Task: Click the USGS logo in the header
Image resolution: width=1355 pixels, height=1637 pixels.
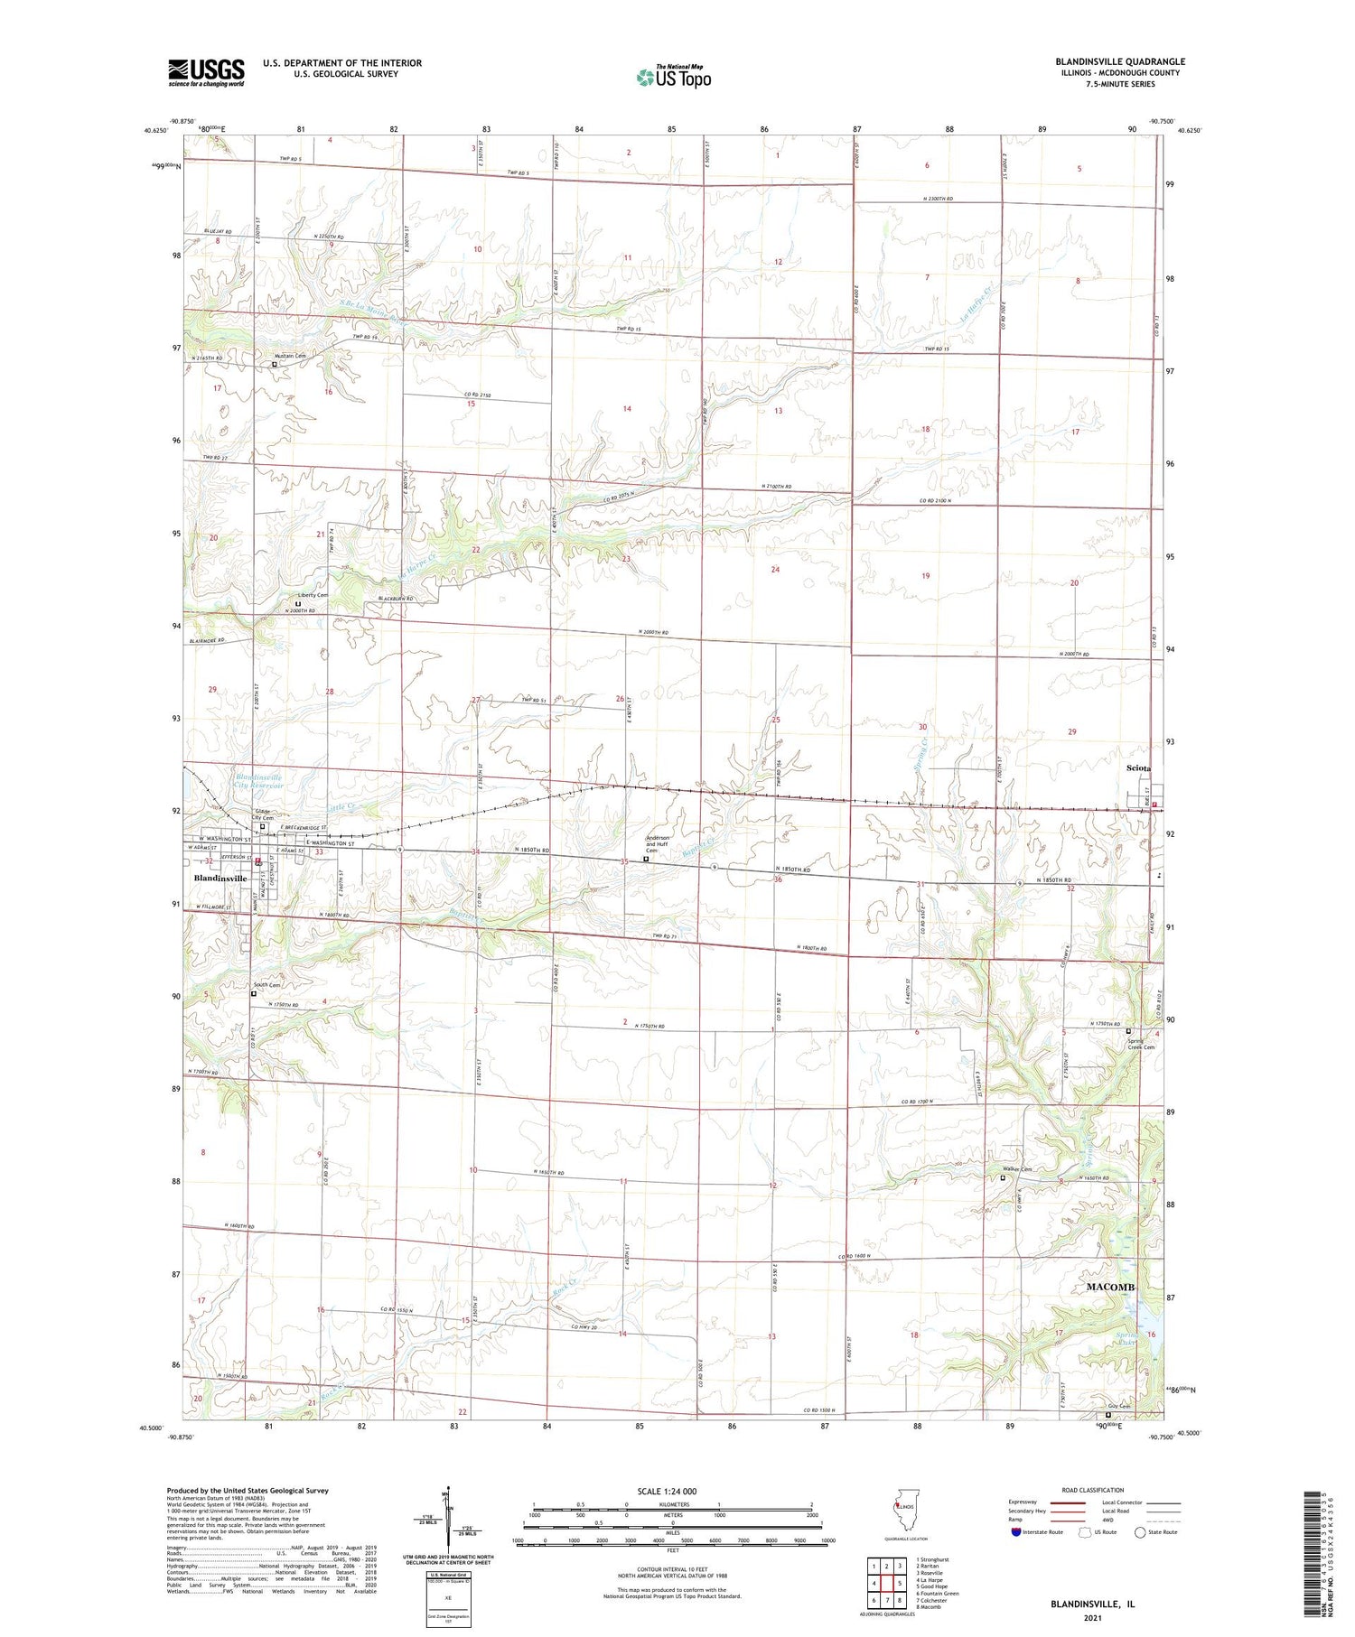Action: pyautogui.click(x=206, y=72)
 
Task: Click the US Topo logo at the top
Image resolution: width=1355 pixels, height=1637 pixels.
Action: pyautogui.click(x=673, y=78)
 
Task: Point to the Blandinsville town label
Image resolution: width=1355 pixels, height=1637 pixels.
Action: pyautogui.click(x=220, y=879)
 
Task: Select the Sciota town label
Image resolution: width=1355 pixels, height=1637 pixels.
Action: pyautogui.click(x=1138, y=768)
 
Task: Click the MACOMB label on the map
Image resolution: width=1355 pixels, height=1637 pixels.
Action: pyautogui.click(x=1109, y=1287)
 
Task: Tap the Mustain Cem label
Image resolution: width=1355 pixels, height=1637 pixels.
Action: pyautogui.click(x=291, y=357)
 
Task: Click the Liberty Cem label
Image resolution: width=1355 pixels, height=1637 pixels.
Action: pyautogui.click(x=313, y=596)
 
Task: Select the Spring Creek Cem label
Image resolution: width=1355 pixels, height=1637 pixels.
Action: pyautogui.click(x=1140, y=1044)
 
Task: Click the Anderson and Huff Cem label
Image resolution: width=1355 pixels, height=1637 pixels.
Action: pyautogui.click(x=658, y=843)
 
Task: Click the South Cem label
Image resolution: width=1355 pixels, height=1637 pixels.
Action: pyautogui.click(x=266, y=985)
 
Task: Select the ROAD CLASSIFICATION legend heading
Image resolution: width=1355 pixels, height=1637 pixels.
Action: pyautogui.click(x=1093, y=1490)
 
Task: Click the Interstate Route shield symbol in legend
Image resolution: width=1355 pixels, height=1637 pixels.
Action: pyautogui.click(x=1016, y=1532)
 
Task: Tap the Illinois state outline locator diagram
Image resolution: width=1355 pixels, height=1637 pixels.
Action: pyautogui.click(x=904, y=1510)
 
